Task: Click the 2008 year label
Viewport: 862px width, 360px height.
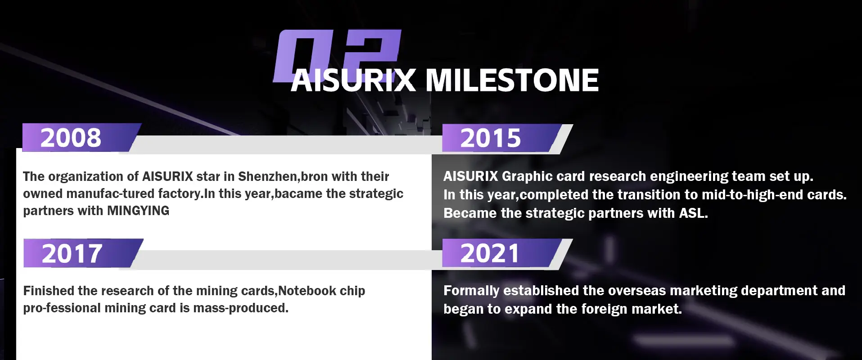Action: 71,138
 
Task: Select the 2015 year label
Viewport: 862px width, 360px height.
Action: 491,138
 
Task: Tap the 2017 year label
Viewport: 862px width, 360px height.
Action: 72,254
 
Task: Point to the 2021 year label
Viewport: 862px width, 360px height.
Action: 490,253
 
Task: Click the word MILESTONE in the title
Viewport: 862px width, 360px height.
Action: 512,81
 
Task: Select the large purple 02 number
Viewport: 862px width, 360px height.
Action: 337,56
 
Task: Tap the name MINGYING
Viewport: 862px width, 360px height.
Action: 138,211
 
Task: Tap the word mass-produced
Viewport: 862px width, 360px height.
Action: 241,308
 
